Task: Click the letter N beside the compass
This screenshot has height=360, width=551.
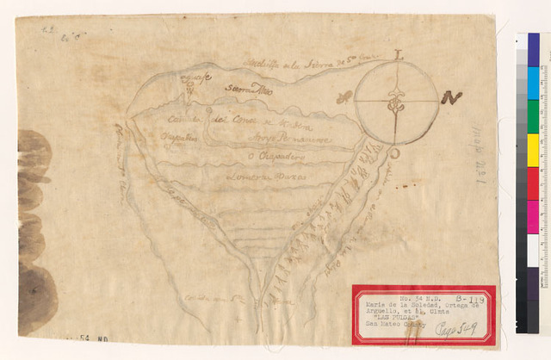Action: point(453,96)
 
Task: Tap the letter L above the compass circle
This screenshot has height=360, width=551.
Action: point(398,54)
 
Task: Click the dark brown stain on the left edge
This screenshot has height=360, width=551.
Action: point(34,233)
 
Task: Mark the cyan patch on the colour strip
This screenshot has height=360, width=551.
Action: point(534,83)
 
